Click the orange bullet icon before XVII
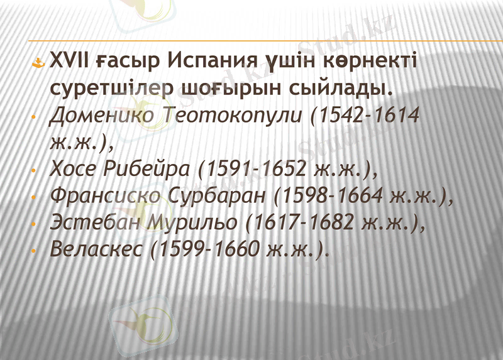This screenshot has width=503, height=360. pos(38,63)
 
